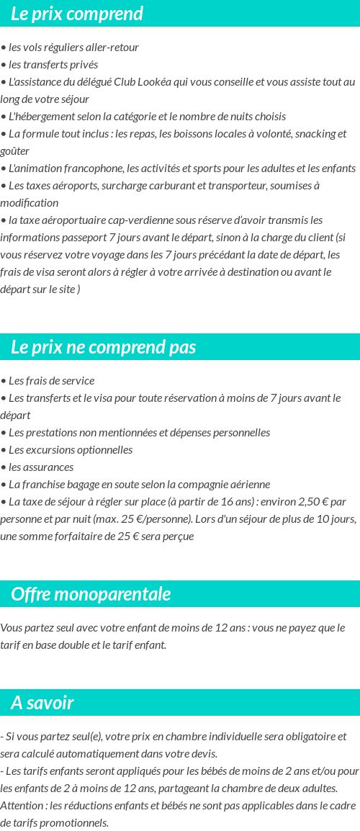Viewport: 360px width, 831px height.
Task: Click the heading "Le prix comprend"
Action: [x=76, y=14]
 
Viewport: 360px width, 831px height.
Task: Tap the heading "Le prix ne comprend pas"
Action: [x=103, y=347]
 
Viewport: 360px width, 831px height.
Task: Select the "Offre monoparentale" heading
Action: [x=91, y=594]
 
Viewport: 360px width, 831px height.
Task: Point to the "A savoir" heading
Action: [x=42, y=702]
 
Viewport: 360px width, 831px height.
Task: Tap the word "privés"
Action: [x=83, y=65]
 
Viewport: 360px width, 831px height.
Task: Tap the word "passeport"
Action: [x=78, y=237]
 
